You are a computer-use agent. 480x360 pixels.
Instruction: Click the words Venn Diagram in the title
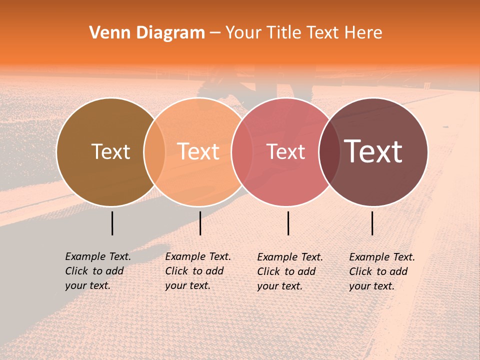[147, 33]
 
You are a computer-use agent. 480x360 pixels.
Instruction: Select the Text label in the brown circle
[110, 151]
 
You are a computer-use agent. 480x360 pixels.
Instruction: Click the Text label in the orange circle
[198, 151]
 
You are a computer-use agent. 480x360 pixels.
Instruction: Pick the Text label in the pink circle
[286, 152]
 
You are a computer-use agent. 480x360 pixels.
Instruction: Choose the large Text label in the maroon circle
[373, 151]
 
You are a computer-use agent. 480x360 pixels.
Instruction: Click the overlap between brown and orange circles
[154, 152]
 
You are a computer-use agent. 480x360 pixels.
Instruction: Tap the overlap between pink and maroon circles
[329, 152]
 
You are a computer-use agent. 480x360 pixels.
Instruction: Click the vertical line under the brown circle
[112, 223]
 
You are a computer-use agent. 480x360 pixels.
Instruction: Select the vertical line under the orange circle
[200, 223]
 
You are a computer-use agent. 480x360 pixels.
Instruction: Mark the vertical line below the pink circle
[288, 223]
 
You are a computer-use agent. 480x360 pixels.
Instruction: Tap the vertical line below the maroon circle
[372, 223]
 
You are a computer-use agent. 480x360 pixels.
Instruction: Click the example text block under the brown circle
[98, 271]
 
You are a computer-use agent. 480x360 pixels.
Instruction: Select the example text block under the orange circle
[198, 271]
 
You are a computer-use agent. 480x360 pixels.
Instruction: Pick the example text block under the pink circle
[290, 271]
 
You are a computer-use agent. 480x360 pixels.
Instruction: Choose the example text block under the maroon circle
[382, 271]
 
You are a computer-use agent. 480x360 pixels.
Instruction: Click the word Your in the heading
[243, 33]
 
